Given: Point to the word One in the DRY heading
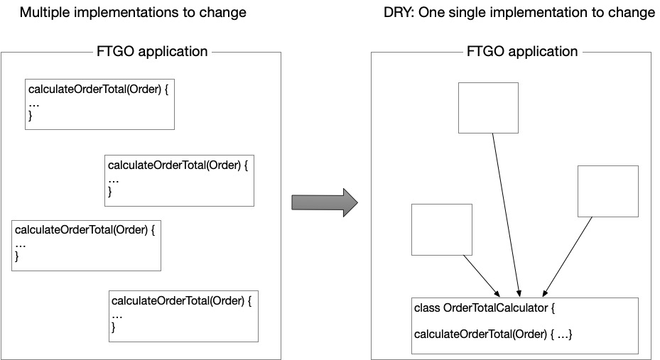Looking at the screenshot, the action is (x=431, y=12).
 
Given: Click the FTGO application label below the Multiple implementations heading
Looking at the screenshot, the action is (x=152, y=51).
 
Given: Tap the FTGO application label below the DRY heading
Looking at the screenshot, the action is (x=522, y=51).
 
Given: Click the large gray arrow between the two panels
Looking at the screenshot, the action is (x=325, y=202).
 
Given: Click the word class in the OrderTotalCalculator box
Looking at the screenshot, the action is (x=427, y=308).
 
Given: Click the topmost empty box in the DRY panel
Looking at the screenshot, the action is (x=488, y=108).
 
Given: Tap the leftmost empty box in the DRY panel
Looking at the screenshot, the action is (x=442, y=229).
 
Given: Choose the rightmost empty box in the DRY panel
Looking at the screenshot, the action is (x=608, y=191).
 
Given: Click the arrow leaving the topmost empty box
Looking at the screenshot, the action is (x=507, y=215).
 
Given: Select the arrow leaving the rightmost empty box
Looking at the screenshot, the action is (x=568, y=256).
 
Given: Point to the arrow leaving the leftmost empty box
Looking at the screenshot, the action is (x=482, y=276).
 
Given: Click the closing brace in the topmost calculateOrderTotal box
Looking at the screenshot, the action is (x=31, y=116).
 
